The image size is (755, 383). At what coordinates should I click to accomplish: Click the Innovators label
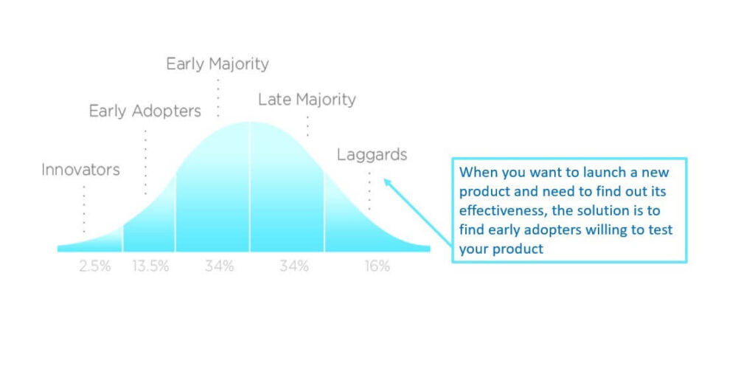pyautogui.click(x=81, y=170)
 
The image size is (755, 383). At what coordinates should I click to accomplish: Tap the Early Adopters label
pyautogui.click(x=145, y=111)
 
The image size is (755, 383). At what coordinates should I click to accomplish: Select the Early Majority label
pyautogui.click(x=218, y=64)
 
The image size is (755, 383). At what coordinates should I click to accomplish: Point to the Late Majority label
pyautogui.click(x=307, y=100)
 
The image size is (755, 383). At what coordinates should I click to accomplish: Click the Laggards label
pyautogui.click(x=372, y=155)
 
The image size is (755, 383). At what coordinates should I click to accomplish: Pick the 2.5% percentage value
pyautogui.click(x=95, y=266)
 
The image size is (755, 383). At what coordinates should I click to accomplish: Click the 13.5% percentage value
pyautogui.click(x=150, y=266)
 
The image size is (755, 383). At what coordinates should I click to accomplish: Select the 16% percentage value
pyautogui.click(x=377, y=266)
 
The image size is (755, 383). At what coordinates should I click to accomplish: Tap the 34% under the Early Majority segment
pyautogui.click(x=220, y=266)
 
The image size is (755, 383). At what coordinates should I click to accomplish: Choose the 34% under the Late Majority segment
pyautogui.click(x=294, y=266)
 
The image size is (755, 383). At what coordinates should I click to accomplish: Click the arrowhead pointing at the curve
pyautogui.click(x=387, y=182)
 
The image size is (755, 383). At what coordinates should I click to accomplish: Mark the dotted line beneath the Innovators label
pyautogui.click(x=84, y=209)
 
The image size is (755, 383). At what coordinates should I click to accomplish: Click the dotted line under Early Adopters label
pyautogui.click(x=145, y=162)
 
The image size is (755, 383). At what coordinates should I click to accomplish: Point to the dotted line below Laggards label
pyautogui.click(x=369, y=191)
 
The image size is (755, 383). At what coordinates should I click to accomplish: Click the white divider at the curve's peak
pyautogui.click(x=249, y=187)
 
